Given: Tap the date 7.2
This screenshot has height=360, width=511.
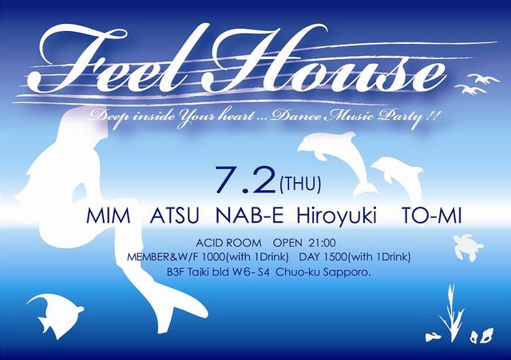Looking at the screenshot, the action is coord(246,180).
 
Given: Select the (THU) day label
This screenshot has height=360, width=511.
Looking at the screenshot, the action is coord(300,184).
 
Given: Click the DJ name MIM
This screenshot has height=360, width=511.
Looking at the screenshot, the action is coord(109,216).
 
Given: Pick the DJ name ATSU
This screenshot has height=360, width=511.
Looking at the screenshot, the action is coord(174,216).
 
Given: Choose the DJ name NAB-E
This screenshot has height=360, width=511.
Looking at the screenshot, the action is coord(250,216).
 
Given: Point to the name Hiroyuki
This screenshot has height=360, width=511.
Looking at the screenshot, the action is coord(336,217).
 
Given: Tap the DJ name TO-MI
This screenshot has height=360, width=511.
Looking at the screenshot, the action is coord(431,216).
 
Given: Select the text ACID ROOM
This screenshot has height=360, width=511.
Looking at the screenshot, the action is coord(228,243).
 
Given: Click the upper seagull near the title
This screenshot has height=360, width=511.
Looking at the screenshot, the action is coord(483,78).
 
